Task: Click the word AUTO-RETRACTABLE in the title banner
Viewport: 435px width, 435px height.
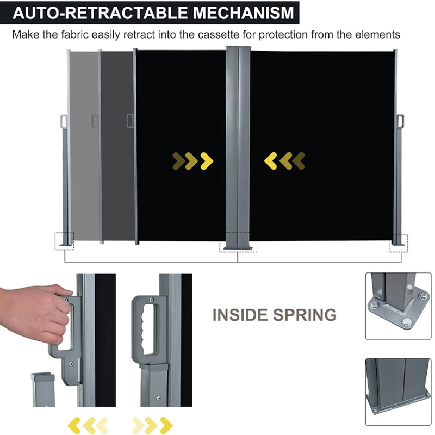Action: pos(90,12)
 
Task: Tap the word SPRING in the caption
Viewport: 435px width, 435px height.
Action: pos(306,315)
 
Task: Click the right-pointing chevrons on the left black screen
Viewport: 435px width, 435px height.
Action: pos(192,160)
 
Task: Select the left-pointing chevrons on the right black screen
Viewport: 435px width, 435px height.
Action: pos(284,160)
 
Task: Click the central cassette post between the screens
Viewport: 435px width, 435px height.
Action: pos(238,147)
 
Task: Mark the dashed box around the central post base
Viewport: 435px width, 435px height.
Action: pos(238,243)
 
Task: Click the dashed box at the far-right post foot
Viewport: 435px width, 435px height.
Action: pos(398,243)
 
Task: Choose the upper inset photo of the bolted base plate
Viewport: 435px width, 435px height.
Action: pos(397,306)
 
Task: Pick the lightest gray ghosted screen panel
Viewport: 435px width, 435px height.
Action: pos(84,147)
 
